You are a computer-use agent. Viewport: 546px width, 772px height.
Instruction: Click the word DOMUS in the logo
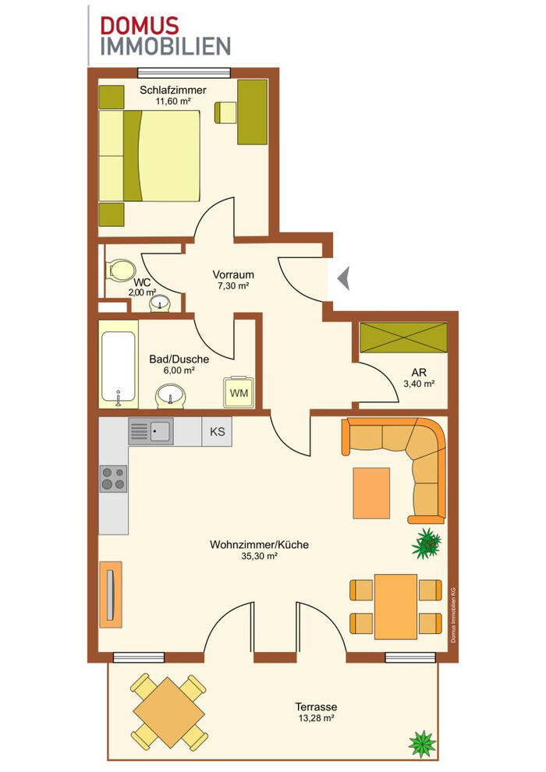click(140, 25)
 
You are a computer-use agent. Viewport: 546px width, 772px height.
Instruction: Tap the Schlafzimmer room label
click(173, 90)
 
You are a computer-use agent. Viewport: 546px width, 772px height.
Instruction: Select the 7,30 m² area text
click(233, 285)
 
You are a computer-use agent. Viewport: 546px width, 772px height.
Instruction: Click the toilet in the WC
click(121, 269)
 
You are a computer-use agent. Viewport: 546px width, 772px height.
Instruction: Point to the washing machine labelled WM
click(239, 393)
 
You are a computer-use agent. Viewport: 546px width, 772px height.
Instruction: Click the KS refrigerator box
click(217, 432)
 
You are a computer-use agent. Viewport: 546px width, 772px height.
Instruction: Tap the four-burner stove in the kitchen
click(113, 479)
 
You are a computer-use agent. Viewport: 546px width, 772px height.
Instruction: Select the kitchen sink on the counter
click(151, 431)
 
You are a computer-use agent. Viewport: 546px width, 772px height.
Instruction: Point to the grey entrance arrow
click(344, 278)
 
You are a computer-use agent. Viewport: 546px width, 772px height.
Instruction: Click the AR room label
click(419, 373)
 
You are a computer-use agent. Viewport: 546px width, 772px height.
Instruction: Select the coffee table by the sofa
click(372, 493)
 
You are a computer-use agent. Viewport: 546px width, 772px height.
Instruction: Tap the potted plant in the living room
click(427, 544)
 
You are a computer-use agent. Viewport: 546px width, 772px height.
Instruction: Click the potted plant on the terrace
click(422, 742)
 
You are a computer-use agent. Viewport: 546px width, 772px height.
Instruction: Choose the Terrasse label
click(316, 707)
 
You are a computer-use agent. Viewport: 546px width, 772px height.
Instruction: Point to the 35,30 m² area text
click(260, 556)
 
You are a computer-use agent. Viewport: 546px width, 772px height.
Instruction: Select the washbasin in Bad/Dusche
click(171, 396)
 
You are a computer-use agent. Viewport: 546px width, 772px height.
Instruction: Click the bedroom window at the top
click(184, 73)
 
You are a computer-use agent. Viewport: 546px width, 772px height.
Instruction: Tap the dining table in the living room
click(395, 607)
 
